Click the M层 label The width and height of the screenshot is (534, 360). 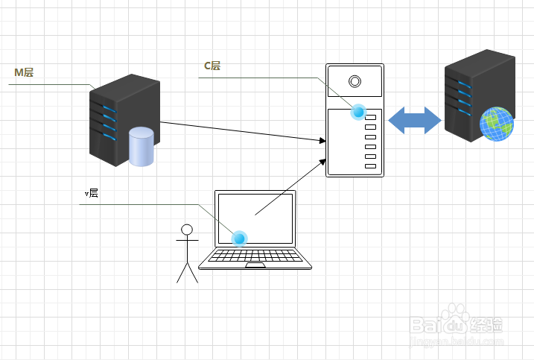tap(25, 72)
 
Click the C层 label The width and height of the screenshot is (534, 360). tap(212, 66)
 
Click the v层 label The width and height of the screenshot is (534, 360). tap(92, 193)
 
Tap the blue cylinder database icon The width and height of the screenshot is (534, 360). tap(141, 146)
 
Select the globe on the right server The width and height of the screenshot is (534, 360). tap(497, 124)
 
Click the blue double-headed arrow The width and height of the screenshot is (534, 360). tap(415, 121)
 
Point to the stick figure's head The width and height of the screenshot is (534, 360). tap(187, 229)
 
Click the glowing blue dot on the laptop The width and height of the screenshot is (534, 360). tap(239, 239)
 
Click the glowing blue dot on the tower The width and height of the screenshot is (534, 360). tap(359, 112)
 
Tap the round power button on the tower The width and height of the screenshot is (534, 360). tap(355, 81)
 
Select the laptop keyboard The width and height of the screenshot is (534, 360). tap(255, 256)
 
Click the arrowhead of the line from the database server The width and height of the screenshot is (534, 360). tap(322, 139)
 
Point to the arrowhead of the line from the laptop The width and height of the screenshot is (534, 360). tap(322, 161)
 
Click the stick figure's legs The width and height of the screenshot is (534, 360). tap(187, 273)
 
